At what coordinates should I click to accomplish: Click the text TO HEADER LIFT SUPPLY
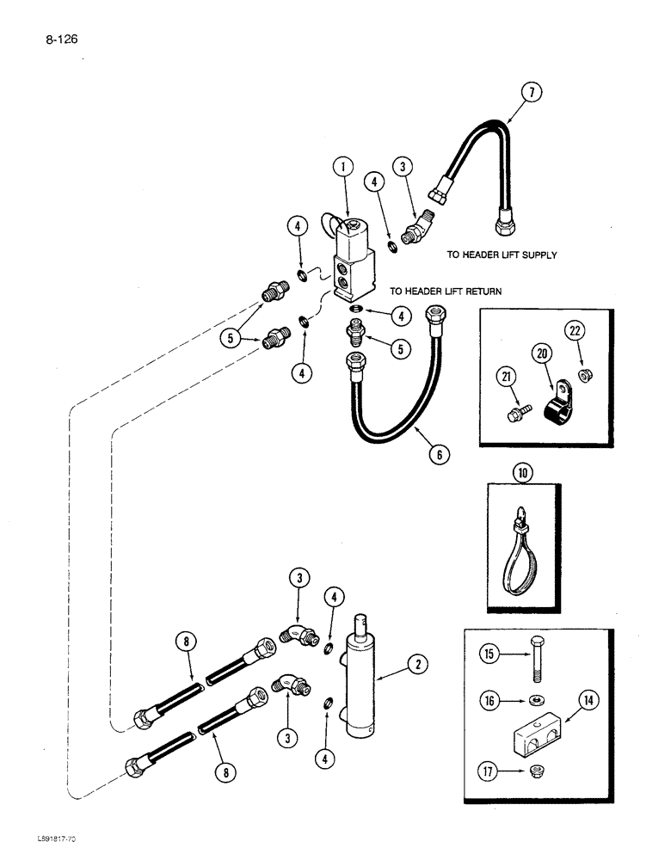[502, 255]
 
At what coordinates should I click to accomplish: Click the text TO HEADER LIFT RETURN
[446, 292]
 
